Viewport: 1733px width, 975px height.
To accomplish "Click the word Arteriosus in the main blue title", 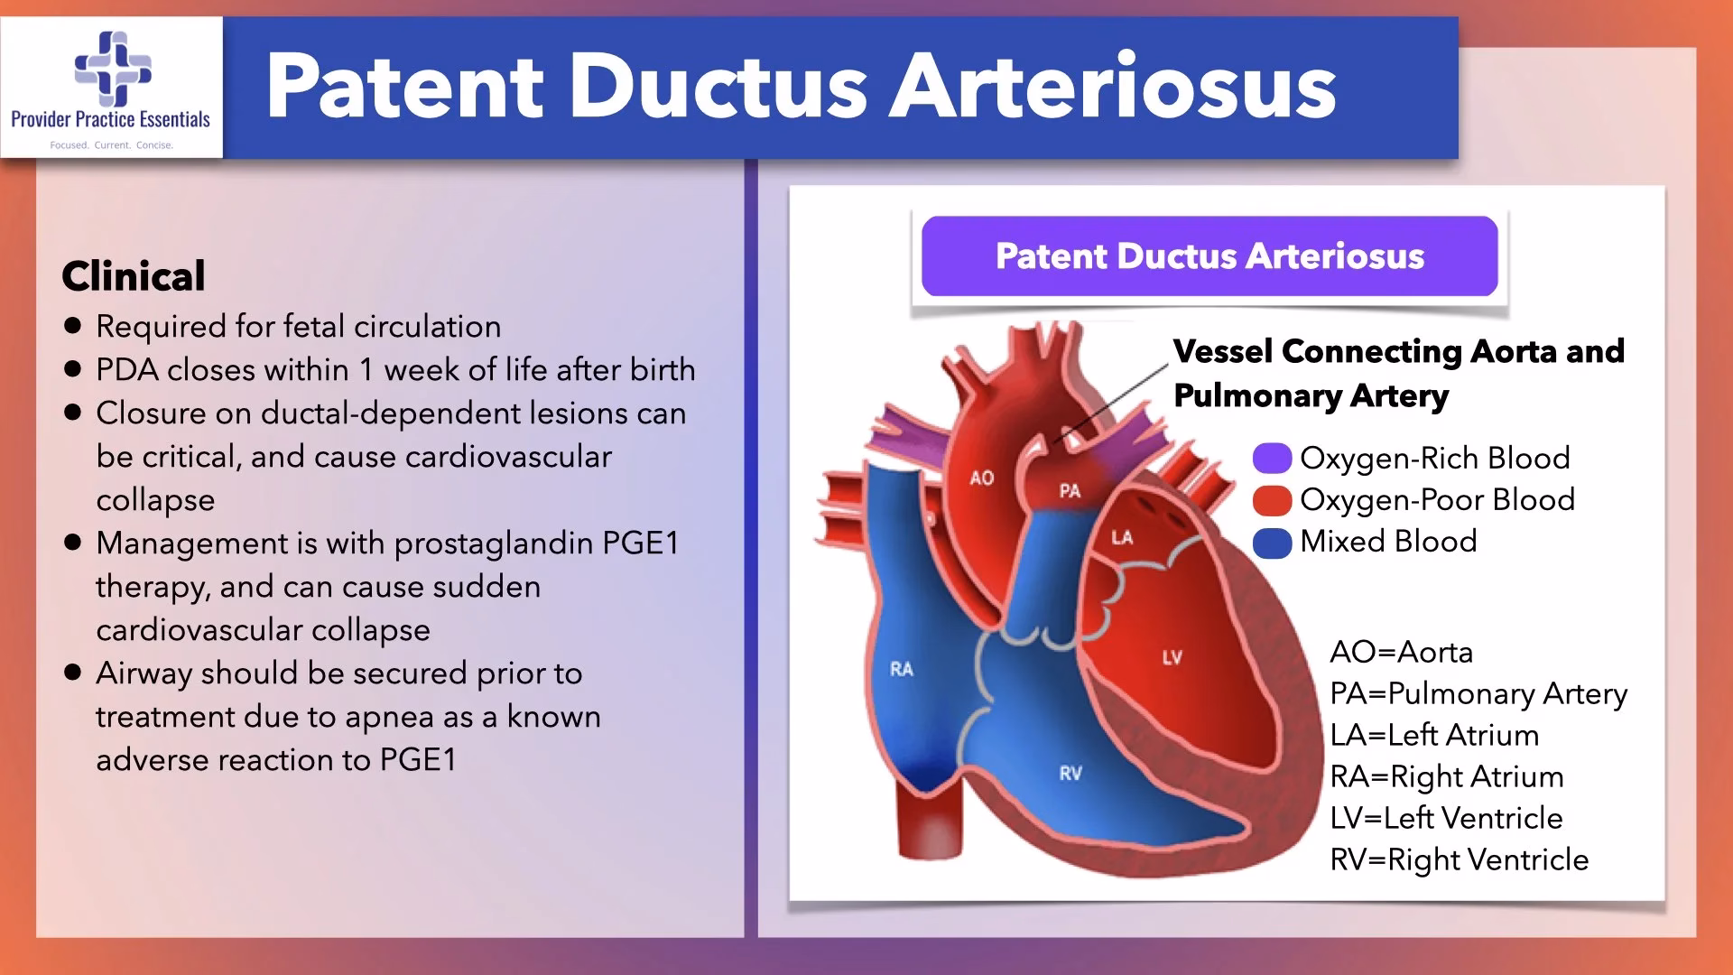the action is [x=1113, y=87].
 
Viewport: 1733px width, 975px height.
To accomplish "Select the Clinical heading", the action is [x=134, y=276].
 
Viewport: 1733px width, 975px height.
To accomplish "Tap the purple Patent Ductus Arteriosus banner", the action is [x=1209, y=256].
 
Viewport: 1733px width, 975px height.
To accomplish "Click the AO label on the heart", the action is [x=982, y=478].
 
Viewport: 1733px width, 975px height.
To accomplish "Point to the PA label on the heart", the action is [x=1070, y=491].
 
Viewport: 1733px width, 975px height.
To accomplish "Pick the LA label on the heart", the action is [x=1122, y=538].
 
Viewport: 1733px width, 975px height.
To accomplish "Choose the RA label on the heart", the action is [x=902, y=669].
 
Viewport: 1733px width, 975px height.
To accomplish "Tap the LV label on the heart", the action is [x=1172, y=657].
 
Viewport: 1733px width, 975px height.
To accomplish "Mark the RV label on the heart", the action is [x=1070, y=774].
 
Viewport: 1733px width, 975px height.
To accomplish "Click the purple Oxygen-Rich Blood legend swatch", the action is [x=1272, y=459].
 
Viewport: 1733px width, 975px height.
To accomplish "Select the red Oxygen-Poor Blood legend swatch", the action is [x=1272, y=500].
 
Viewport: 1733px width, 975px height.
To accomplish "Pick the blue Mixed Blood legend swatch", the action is [x=1272, y=543].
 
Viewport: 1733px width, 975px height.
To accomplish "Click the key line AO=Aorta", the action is [x=1402, y=652].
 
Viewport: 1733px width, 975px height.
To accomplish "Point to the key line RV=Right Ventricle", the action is [x=1460, y=859].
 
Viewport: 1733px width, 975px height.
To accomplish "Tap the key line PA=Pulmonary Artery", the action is [x=1478, y=693].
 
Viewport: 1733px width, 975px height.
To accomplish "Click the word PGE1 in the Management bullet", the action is [x=641, y=543].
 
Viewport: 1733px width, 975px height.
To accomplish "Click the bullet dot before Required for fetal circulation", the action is [x=73, y=326].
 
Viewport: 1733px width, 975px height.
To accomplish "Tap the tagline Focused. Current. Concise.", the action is [x=112, y=145].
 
